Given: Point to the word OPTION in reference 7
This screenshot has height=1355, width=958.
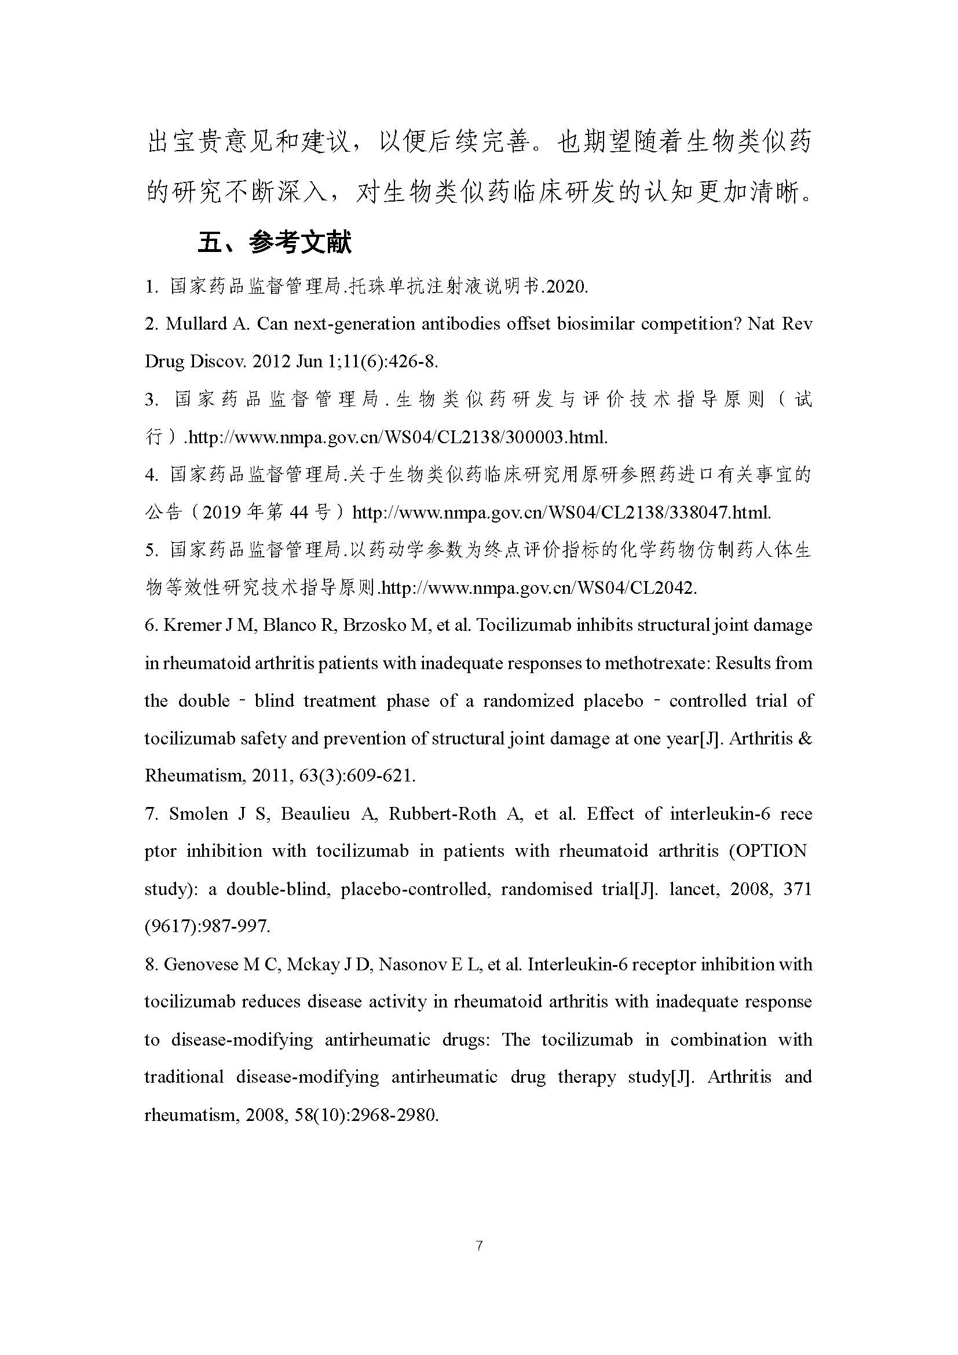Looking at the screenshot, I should coord(773,851).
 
